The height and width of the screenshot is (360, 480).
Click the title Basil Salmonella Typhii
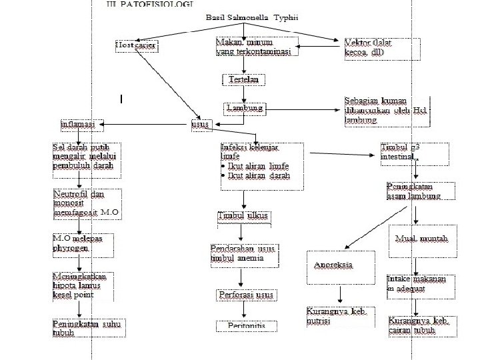(x=243, y=18)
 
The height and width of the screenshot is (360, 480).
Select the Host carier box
(x=137, y=45)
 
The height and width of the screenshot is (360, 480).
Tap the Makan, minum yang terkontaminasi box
(x=256, y=47)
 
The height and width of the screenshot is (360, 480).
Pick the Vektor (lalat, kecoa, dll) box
(x=382, y=49)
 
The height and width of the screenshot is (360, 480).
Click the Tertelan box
(x=243, y=79)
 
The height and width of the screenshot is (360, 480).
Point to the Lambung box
(x=245, y=107)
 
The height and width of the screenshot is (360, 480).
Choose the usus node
(x=199, y=124)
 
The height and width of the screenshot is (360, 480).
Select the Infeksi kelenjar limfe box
(x=261, y=165)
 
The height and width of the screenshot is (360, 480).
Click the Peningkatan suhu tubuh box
(x=83, y=328)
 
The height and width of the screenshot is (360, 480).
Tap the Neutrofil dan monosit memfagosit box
(x=87, y=204)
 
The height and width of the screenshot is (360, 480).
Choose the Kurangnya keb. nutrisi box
(x=340, y=317)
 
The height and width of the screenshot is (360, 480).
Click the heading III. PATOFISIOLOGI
(x=150, y=4)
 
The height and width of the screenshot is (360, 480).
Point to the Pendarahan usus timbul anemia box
(x=242, y=253)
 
